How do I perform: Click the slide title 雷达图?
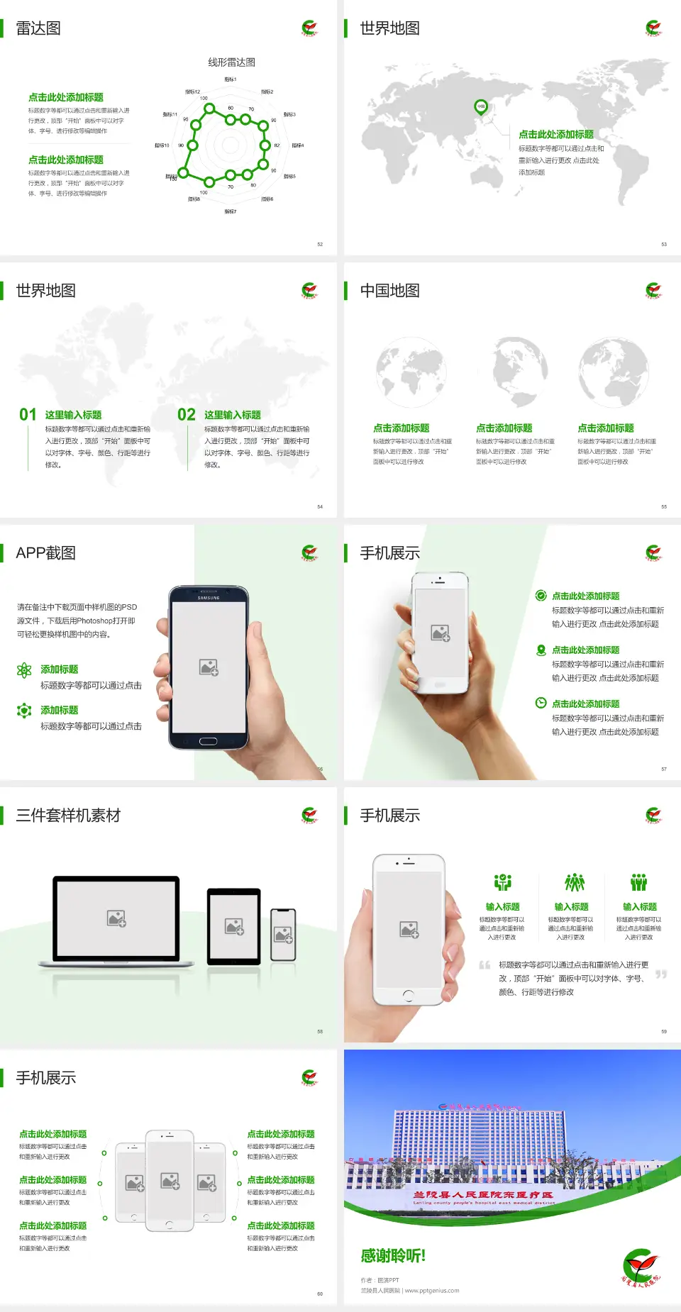point(38,28)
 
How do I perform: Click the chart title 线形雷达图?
point(231,62)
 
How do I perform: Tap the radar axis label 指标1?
point(231,79)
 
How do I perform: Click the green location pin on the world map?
point(481,107)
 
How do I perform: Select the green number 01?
point(28,415)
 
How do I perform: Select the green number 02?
point(187,415)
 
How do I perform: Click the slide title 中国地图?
point(389,291)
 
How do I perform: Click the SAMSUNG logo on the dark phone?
point(209,598)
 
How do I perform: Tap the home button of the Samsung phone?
point(208,741)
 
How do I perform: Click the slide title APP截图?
point(45,553)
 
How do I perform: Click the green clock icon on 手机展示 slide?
point(541,703)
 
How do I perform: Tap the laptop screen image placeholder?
point(116,918)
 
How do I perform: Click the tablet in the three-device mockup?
point(234,926)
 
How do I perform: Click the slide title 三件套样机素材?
point(68,816)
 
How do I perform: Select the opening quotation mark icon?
point(485,965)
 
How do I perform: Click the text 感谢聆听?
point(393,1256)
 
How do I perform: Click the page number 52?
point(320,245)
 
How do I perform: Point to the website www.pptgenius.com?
point(432,1291)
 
